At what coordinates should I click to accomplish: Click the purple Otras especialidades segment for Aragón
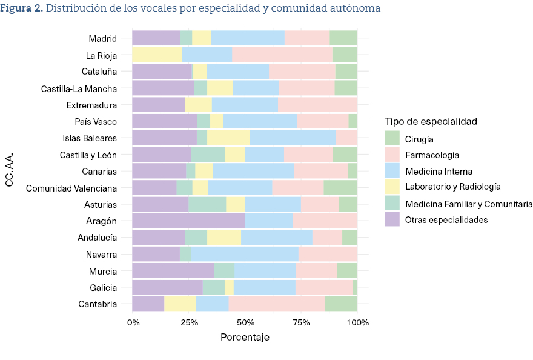click(188, 221)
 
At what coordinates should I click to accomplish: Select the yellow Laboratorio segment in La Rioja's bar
click(157, 55)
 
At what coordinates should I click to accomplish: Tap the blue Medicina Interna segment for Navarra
click(245, 254)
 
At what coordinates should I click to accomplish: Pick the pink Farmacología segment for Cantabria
click(277, 304)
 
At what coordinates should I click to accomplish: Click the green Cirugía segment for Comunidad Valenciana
click(340, 188)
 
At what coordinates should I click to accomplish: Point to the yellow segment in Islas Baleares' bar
click(228, 138)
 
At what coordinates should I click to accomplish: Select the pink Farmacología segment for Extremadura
click(317, 105)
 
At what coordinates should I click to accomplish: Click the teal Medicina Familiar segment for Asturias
click(207, 204)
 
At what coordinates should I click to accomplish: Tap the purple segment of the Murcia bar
click(173, 270)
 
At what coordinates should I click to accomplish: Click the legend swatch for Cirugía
click(392, 138)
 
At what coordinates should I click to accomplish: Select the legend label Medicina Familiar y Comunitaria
click(469, 204)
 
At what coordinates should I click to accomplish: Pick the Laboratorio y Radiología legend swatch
click(392, 187)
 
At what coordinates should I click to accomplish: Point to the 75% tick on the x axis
click(301, 322)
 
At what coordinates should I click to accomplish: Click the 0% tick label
click(133, 322)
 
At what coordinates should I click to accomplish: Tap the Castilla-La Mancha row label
click(79, 88)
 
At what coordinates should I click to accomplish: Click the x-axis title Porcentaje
click(245, 337)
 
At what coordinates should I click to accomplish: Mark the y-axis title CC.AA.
click(10, 170)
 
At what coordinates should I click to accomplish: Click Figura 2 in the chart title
click(22, 8)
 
